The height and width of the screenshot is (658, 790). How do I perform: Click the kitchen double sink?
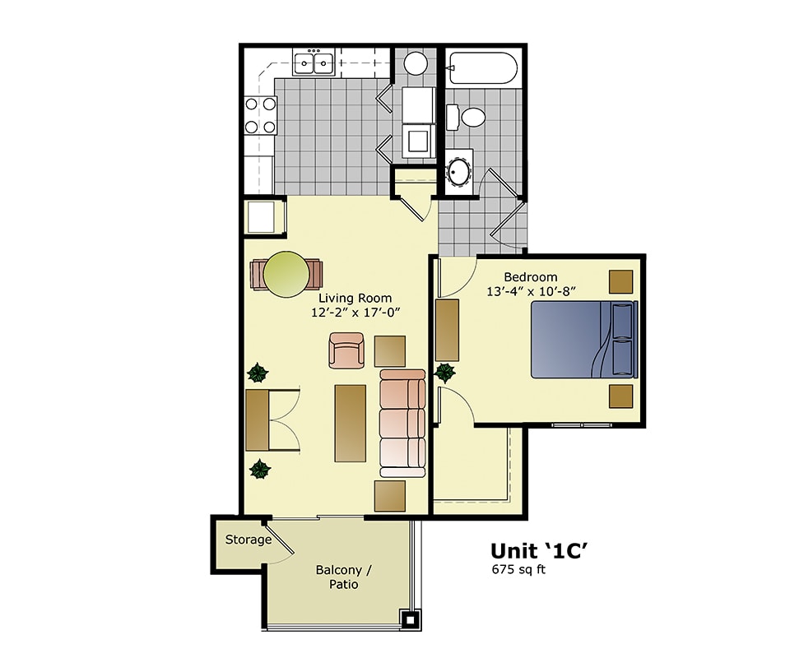click(x=313, y=62)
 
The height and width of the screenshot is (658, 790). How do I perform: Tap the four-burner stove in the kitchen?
click(x=259, y=115)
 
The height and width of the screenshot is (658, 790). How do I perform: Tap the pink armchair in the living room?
click(x=346, y=350)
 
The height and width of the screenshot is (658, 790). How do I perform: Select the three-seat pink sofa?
click(x=402, y=423)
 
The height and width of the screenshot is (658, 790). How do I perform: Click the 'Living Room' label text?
click(x=355, y=298)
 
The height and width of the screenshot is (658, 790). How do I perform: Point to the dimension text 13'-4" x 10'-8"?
click(x=531, y=291)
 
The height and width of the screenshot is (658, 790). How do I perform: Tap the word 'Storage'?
click(x=249, y=540)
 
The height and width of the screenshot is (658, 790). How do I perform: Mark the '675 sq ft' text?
click(x=518, y=569)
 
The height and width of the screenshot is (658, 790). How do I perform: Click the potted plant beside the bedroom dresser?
click(x=445, y=373)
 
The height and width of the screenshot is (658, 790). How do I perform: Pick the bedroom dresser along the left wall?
click(x=447, y=330)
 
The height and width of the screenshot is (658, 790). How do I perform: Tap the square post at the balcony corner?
click(x=409, y=619)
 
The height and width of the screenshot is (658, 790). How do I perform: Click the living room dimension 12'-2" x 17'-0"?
click(x=355, y=313)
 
